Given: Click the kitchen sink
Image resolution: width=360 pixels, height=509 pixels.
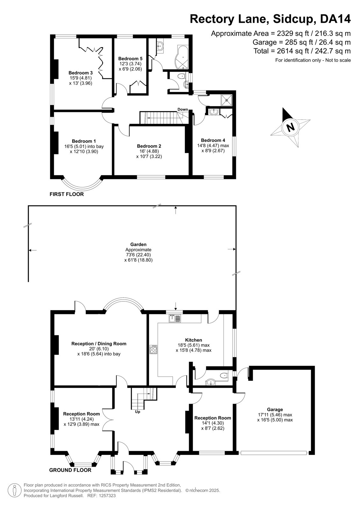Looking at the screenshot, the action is [175, 318].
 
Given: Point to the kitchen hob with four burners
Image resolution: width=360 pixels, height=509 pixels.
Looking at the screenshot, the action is [153, 349].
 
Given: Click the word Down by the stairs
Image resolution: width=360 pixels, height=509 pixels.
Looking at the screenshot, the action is [183, 109].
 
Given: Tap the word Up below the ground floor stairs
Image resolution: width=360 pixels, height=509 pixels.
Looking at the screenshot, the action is [138, 412].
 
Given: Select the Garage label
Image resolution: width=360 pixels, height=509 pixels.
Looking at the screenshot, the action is [275, 409].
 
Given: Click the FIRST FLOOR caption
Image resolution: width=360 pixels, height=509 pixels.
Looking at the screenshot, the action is [67, 194].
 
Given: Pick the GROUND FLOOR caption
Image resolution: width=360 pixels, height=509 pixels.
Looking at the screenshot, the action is [70, 470].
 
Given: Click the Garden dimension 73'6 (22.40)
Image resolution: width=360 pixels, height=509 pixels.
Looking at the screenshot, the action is [138, 255].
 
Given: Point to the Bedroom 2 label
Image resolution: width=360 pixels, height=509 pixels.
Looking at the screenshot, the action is [149, 146].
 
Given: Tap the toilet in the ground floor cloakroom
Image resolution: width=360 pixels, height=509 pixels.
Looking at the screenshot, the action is [224, 376].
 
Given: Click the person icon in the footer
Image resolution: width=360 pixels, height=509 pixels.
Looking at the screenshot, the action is [15, 490].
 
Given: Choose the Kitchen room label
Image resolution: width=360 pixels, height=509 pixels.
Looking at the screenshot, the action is [194, 340].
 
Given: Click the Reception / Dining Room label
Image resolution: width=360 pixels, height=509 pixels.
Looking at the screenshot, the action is [99, 344].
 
